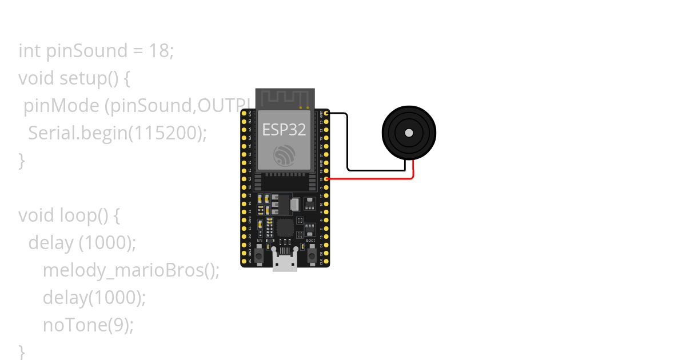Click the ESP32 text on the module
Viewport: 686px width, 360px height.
(x=284, y=129)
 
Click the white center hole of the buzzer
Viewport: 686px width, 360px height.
(x=408, y=133)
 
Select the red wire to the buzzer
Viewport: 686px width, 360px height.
(x=372, y=179)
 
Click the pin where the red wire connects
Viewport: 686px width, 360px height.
(x=326, y=179)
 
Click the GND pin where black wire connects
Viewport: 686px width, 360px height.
(x=326, y=114)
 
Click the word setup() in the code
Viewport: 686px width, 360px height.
(x=89, y=78)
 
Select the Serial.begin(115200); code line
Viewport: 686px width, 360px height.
(x=117, y=133)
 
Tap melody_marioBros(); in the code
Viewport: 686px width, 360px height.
(x=131, y=270)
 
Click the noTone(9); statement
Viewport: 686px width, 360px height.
(x=88, y=325)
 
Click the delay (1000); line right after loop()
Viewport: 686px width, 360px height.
(x=82, y=243)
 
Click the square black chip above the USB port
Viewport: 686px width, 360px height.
(x=285, y=227)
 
